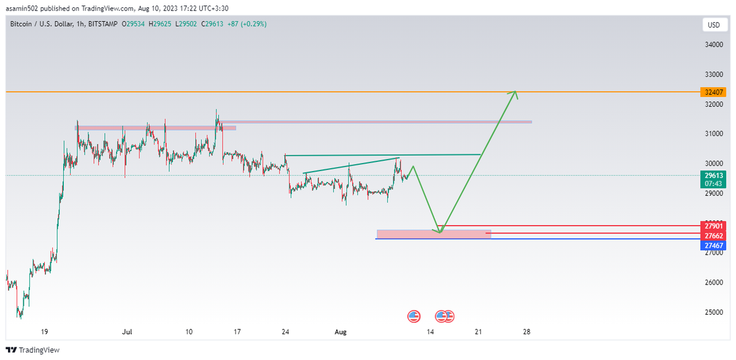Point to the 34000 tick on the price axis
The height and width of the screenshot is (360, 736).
pos(713,45)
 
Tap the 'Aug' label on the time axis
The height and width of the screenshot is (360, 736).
pos(341,332)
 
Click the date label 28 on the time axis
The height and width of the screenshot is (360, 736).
pos(527,332)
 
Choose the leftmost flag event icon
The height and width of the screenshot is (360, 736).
pos(414,316)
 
